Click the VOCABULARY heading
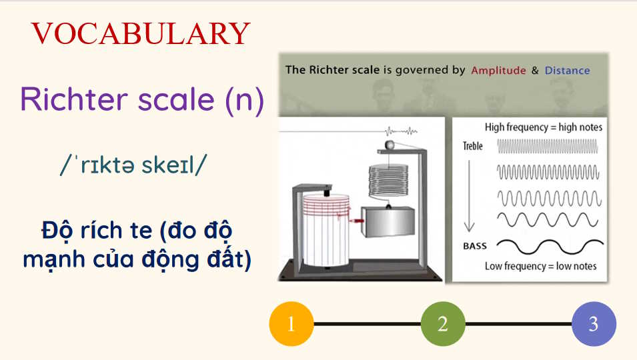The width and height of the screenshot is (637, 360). tap(141, 33)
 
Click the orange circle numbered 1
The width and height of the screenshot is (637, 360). tap(291, 324)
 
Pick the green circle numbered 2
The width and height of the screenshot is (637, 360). tap(442, 324)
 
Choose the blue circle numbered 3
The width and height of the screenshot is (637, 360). tap(593, 324)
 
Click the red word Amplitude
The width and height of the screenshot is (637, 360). tap(498, 70)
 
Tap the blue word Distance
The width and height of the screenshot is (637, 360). tap(567, 70)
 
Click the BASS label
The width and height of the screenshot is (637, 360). tap(474, 246)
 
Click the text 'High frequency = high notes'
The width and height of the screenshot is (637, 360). tap(543, 127)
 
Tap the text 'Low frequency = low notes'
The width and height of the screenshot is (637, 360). tap(540, 266)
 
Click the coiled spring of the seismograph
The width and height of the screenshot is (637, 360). tap(384, 179)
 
